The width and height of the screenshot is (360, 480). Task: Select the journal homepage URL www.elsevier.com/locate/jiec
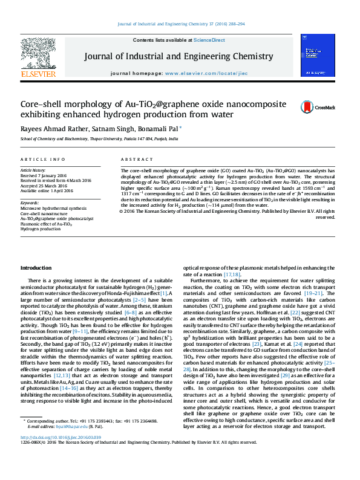[197, 73]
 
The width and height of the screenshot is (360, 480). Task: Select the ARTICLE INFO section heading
[43, 159]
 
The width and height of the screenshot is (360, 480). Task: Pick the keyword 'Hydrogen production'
[41, 229]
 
